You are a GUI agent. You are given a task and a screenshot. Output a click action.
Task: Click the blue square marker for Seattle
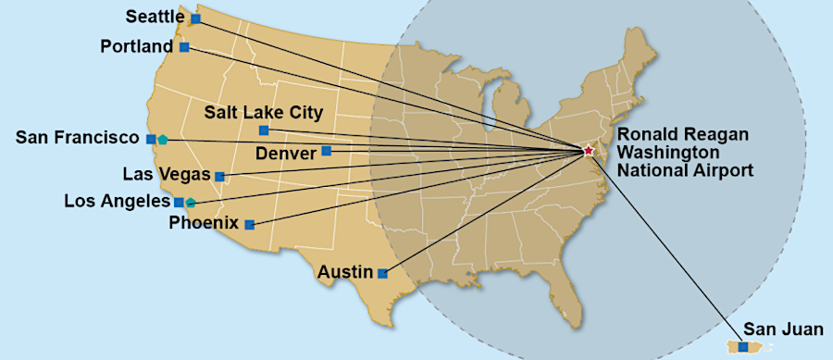point(195,19)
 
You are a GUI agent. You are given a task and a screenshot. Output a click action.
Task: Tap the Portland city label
point(136,46)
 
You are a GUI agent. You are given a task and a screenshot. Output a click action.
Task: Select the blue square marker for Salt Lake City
point(264,130)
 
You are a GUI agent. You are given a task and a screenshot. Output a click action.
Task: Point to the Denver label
point(286,152)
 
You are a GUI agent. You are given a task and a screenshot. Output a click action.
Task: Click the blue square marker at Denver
point(326,151)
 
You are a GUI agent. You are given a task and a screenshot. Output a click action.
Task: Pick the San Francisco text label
point(77,138)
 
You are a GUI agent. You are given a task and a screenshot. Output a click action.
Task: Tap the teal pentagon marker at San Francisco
point(163,140)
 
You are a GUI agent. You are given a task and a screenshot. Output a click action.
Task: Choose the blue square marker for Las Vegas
point(219,176)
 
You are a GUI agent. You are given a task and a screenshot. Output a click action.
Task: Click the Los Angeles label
point(117,201)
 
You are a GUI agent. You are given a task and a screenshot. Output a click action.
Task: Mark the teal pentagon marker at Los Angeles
point(191,202)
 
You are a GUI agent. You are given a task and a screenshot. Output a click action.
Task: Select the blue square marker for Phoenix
point(249,224)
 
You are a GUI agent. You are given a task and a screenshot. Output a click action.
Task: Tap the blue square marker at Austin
point(382,273)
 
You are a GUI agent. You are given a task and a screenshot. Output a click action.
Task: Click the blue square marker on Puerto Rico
point(742,347)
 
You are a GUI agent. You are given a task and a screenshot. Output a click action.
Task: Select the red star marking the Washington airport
point(588,150)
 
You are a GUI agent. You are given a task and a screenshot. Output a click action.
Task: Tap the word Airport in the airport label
point(722,169)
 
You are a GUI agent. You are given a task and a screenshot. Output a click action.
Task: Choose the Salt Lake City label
point(263,113)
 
